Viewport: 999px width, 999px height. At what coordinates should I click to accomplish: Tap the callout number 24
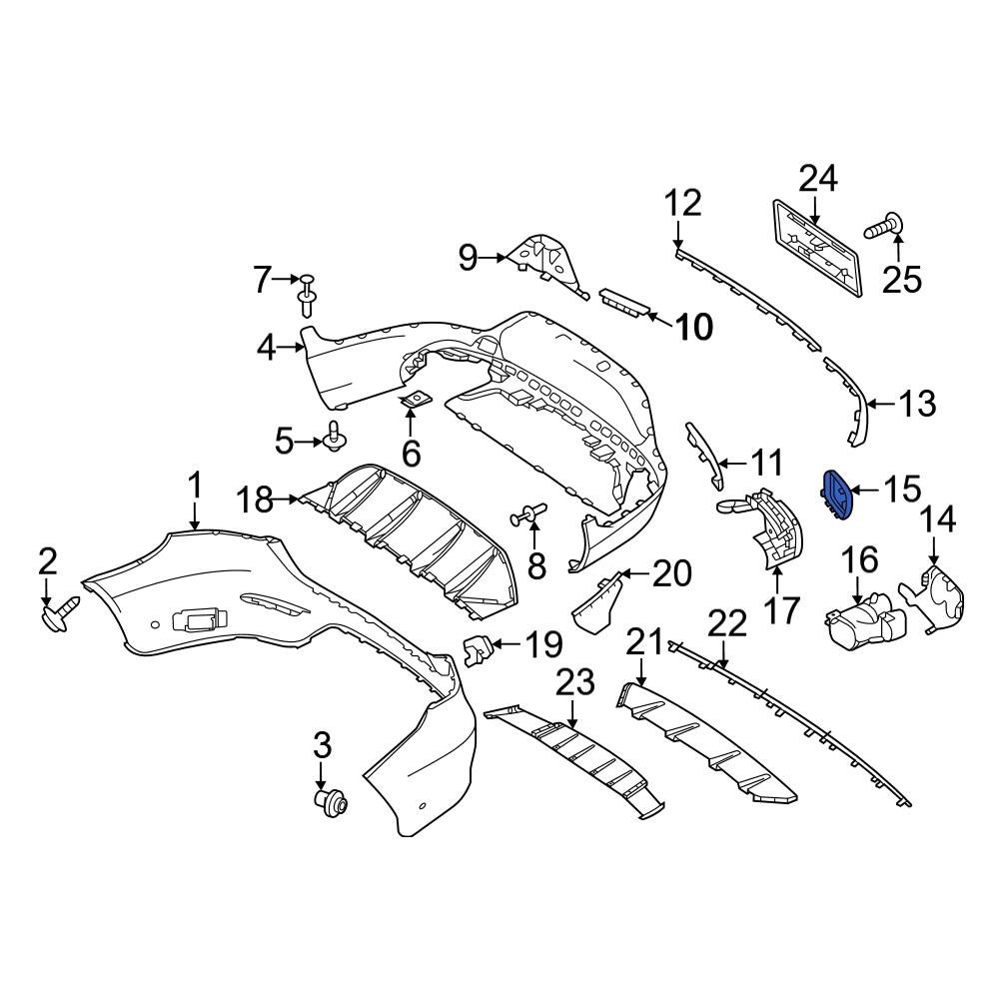818,180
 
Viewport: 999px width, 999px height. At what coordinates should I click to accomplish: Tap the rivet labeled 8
528,515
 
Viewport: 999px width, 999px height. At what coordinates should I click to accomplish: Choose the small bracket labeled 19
481,650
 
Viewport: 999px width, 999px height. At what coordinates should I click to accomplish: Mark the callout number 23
574,683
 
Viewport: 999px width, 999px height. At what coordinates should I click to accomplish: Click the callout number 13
916,405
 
